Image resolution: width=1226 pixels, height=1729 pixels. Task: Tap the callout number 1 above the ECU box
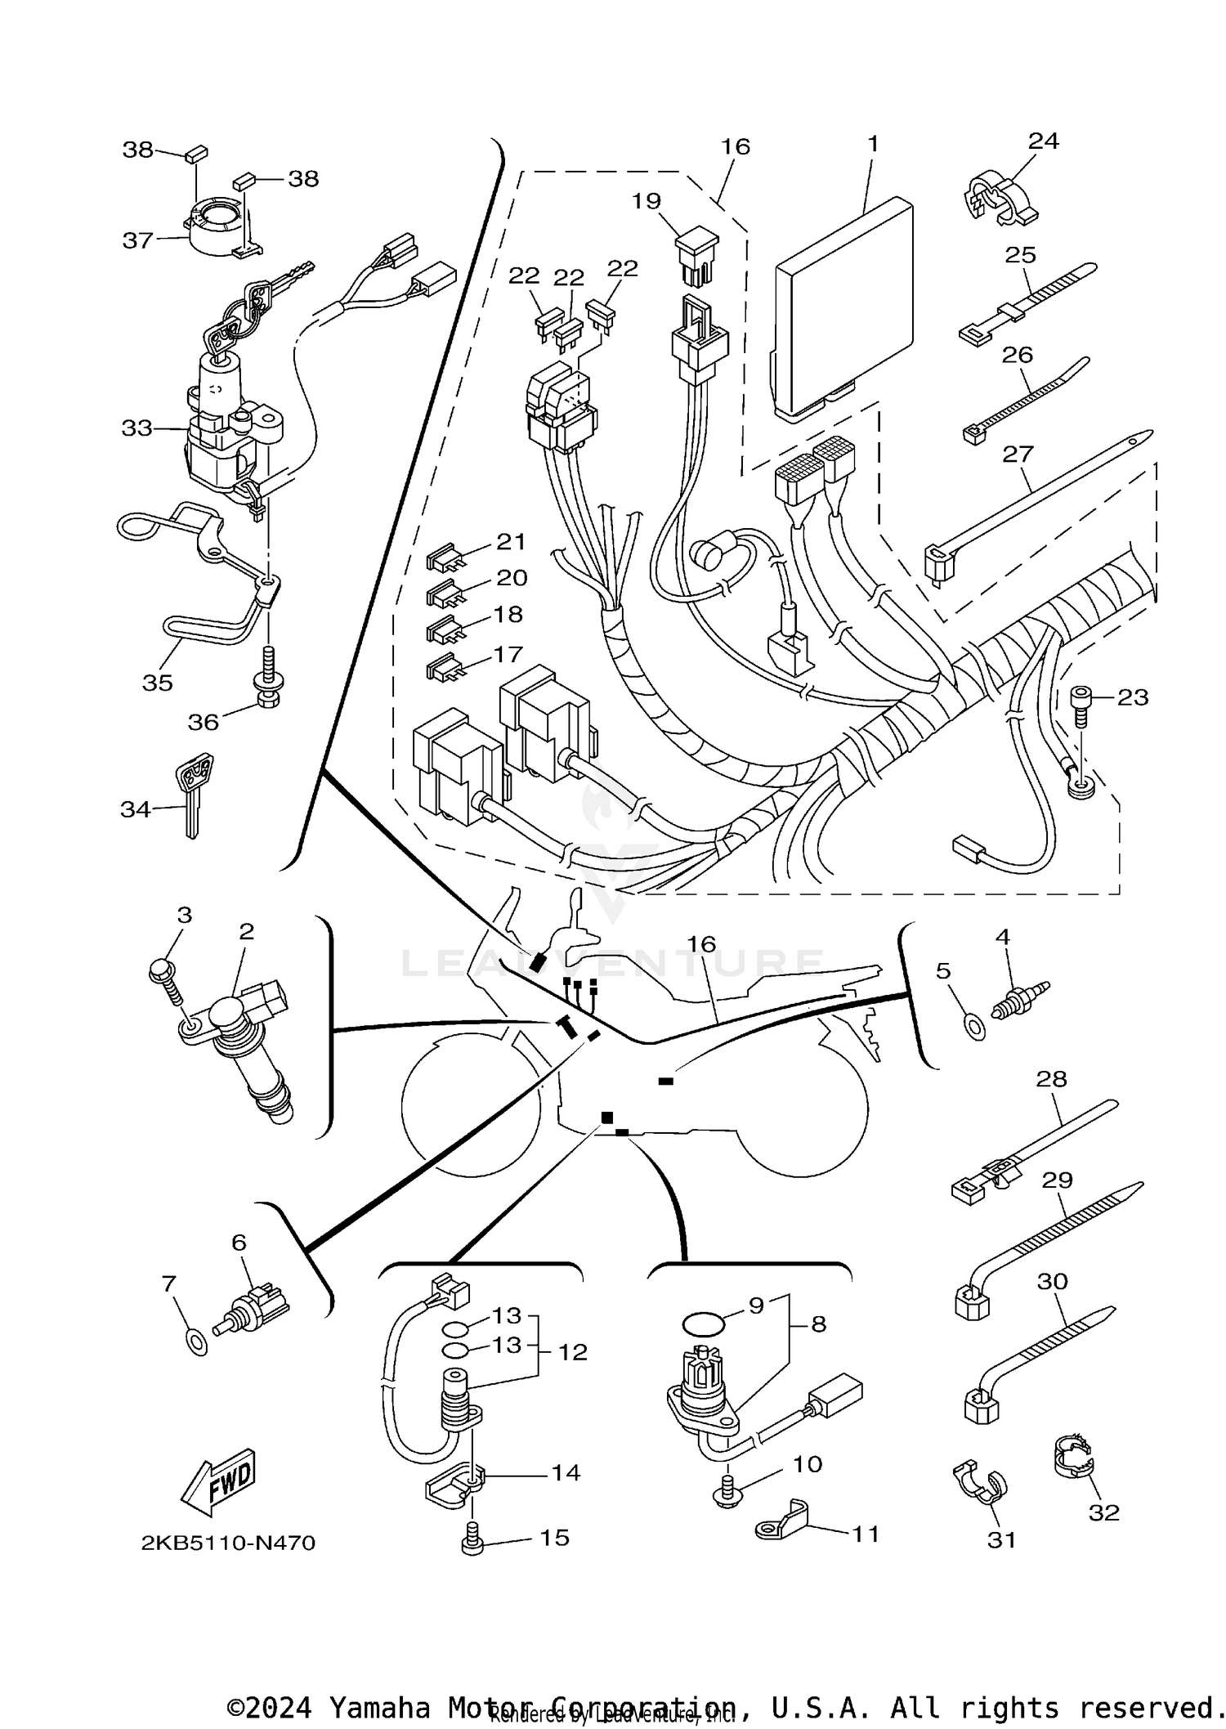pyautogui.click(x=872, y=145)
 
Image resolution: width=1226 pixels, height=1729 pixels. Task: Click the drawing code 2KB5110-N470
pyautogui.click(x=228, y=1543)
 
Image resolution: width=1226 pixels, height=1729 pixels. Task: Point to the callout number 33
pyautogui.click(x=136, y=428)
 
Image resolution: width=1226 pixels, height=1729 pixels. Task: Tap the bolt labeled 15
pyautogui.click(x=472, y=1539)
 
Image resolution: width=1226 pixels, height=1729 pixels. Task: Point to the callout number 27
pyautogui.click(x=1018, y=454)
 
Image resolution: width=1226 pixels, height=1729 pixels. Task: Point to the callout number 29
pyautogui.click(x=1057, y=1180)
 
